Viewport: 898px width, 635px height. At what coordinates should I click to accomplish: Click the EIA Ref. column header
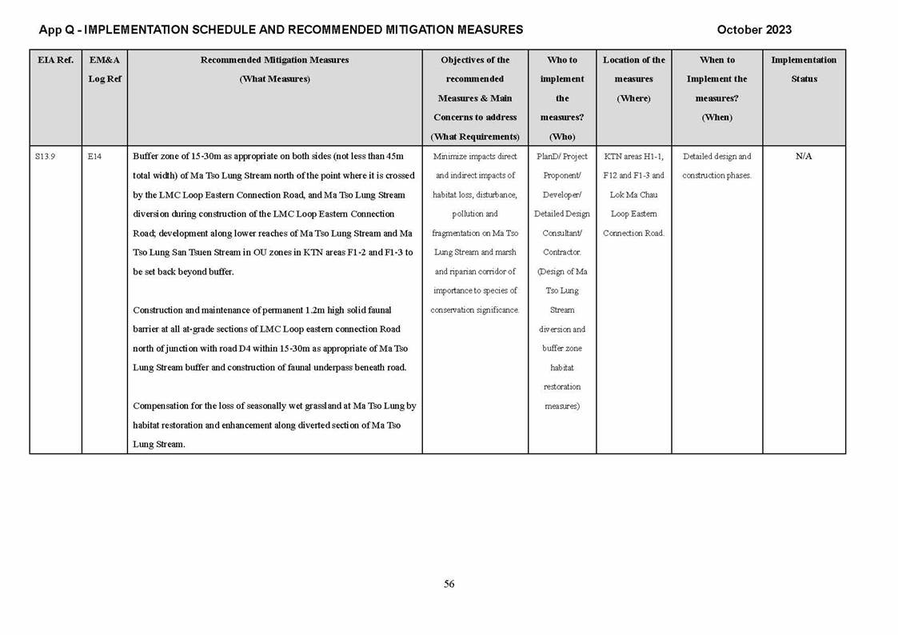click(55, 60)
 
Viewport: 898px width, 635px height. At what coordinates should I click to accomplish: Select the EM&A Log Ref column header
click(104, 69)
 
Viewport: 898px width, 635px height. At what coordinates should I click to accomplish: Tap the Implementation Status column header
click(804, 69)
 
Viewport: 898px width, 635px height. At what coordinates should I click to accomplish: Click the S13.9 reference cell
click(45, 157)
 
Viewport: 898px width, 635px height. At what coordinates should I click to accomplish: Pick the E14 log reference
click(94, 157)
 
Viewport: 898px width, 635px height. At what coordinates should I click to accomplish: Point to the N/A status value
click(804, 157)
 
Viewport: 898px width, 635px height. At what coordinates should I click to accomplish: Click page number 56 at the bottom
click(449, 584)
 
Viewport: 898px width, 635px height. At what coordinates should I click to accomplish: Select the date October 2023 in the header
click(754, 30)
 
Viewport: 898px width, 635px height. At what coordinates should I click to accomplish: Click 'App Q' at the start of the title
click(57, 30)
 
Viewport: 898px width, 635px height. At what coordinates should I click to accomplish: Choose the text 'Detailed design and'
click(716, 157)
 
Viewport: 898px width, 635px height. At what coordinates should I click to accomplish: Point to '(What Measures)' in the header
click(274, 79)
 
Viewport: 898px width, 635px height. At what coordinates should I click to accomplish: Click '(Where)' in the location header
click(633, 98)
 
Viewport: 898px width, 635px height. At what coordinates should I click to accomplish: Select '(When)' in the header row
click(716, 118)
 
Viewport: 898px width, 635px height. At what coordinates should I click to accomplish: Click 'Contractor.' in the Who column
click(562, 253)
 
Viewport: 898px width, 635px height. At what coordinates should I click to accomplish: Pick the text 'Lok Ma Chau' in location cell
click(633, 195)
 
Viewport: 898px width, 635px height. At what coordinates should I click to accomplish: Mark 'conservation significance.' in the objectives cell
click(475, 310)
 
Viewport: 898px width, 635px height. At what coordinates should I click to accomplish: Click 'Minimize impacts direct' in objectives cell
click(475, 157)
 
